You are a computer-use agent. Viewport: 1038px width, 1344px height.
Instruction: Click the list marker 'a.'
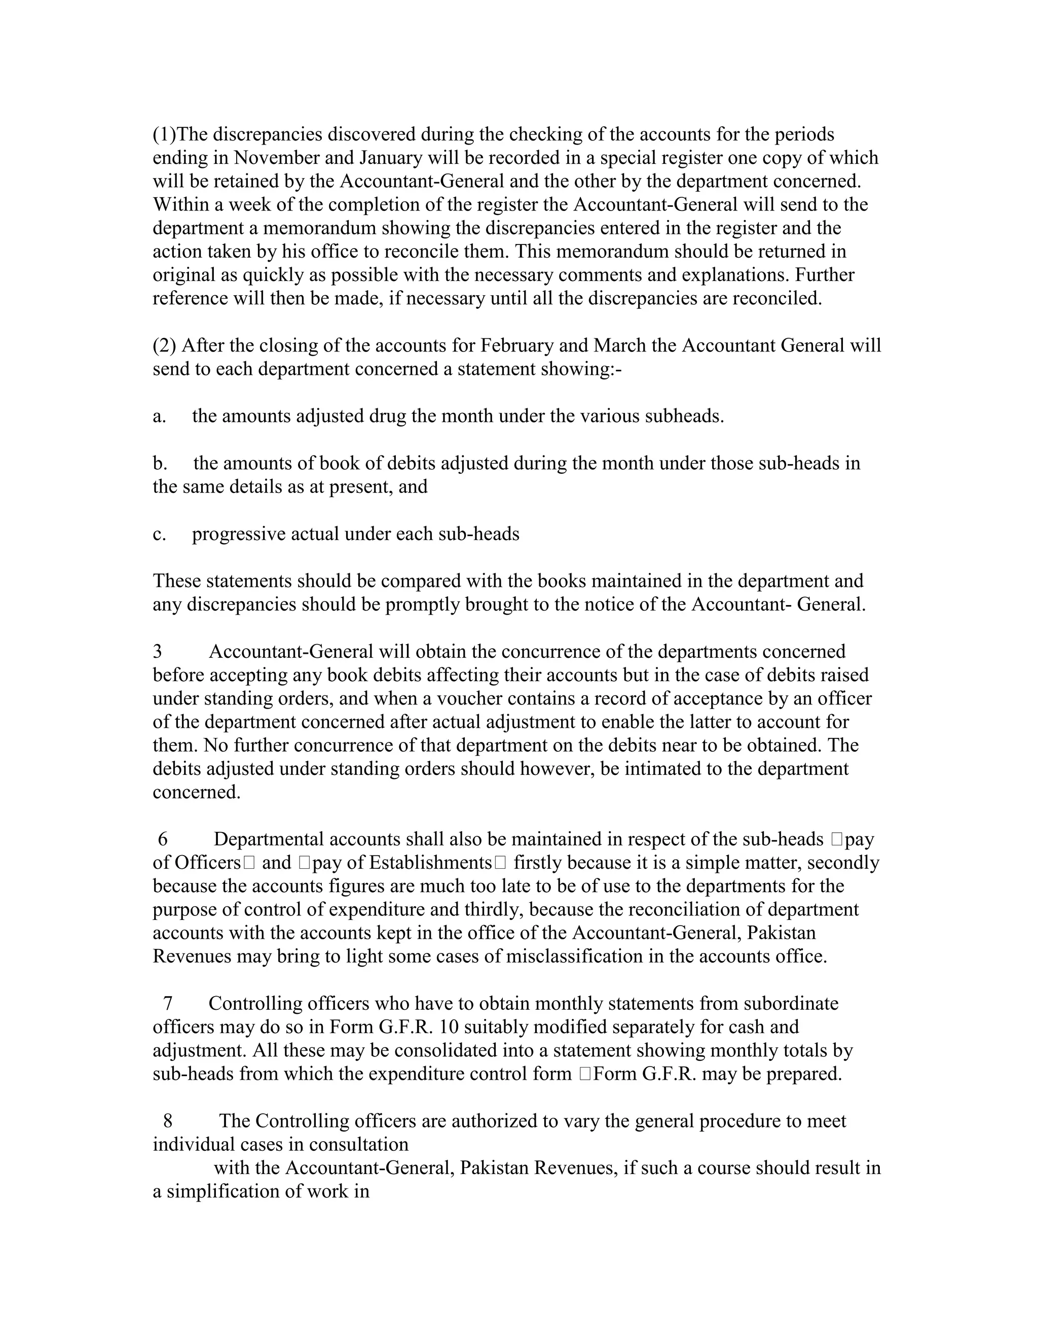click(x=159, y=416)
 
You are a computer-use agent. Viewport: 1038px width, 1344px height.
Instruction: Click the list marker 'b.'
click(x=160, y=464)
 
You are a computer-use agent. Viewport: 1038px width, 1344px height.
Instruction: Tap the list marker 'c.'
click(x=159, y=534)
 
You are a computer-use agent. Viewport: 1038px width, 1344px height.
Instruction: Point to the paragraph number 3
click(x=158, y=652)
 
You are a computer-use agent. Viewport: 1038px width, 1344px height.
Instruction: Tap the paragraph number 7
click(x=167, y=1004)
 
